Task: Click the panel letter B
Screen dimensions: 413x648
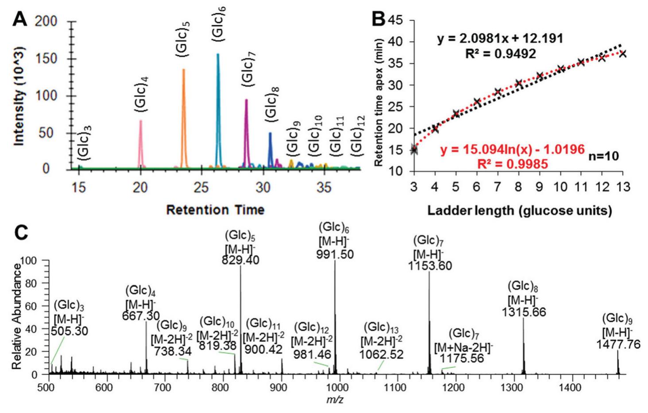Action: click(x=379, y=19)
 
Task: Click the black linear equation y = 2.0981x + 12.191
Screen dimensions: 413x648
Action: click(x=500, y=39)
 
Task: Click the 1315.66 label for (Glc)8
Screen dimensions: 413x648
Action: click(x=524, y=312)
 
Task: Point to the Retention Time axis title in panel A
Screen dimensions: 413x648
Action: click(x=215, y=210)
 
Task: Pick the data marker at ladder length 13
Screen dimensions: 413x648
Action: click(x=623, y=54)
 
